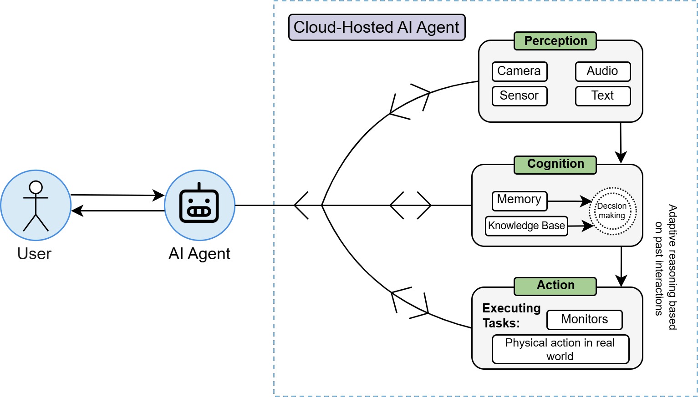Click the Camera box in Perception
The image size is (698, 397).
[520, 71]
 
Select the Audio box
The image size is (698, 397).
[602, 71]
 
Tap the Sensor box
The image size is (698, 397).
[520, 96]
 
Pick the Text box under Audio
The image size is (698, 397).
[602, 96]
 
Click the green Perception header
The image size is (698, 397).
[555, 41]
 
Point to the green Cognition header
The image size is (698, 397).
[555, 164]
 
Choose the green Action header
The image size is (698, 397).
[555, 286]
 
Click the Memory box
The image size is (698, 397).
[520, 200]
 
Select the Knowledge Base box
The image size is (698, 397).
[526, 226]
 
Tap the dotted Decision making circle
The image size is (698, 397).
[612, 211]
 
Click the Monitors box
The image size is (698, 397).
[584, 320]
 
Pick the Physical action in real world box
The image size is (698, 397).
[560, 349]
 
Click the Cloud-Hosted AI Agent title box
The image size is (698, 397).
[377, 27]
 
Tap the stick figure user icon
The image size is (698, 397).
[36, 206]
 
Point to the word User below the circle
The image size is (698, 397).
[34, 254]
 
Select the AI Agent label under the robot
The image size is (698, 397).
[199, 254]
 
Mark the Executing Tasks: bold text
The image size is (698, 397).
[511, 316]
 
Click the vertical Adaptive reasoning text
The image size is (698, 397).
[666, 267]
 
